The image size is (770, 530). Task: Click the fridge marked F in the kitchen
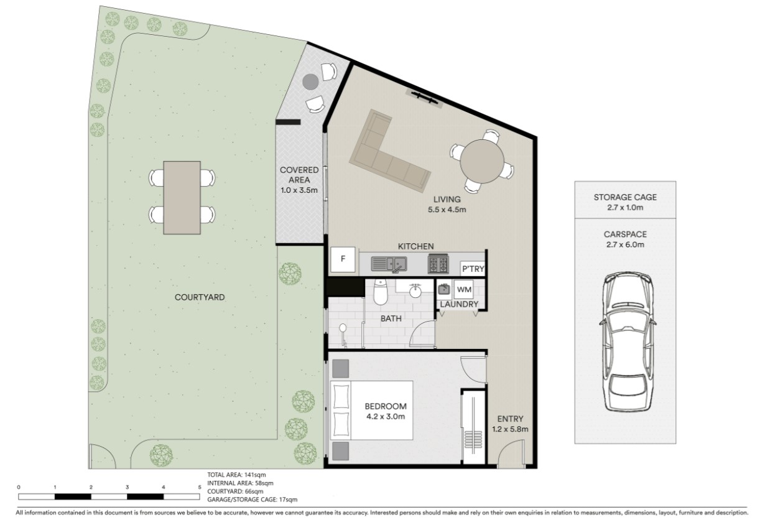coord(343,259)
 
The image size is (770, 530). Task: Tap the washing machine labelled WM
coord(464,289)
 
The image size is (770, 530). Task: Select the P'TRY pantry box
coord(473,269)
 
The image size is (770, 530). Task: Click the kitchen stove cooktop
coord(438,264)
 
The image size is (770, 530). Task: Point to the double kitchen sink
coord(389,264)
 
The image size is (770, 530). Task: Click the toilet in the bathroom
coord(380,292)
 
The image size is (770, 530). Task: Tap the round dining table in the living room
coord(482,162)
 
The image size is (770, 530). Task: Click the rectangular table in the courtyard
coord(182,198)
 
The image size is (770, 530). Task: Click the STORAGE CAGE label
coord(625,197)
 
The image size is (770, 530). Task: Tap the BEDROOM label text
coord(386,406)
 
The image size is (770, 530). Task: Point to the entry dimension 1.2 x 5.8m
coord(510,429)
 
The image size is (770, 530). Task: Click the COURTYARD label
coord(200,297)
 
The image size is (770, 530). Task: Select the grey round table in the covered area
coord(310,82)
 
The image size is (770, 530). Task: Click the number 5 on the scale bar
coord(200,487)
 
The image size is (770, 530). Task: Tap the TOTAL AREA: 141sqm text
coord(236,475)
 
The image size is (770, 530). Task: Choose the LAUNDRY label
coord(459,304)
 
